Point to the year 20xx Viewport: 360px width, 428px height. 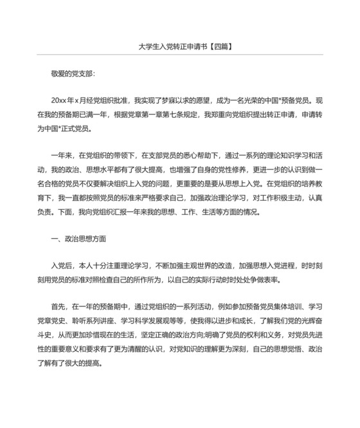(60, 101)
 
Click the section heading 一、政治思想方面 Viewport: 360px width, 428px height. (78, 237)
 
